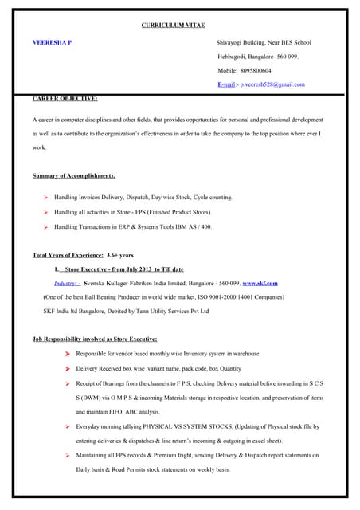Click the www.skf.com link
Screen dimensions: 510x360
260,283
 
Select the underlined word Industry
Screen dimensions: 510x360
68,283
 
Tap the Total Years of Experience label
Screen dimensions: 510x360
68,256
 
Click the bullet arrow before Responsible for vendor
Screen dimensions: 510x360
68,354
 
